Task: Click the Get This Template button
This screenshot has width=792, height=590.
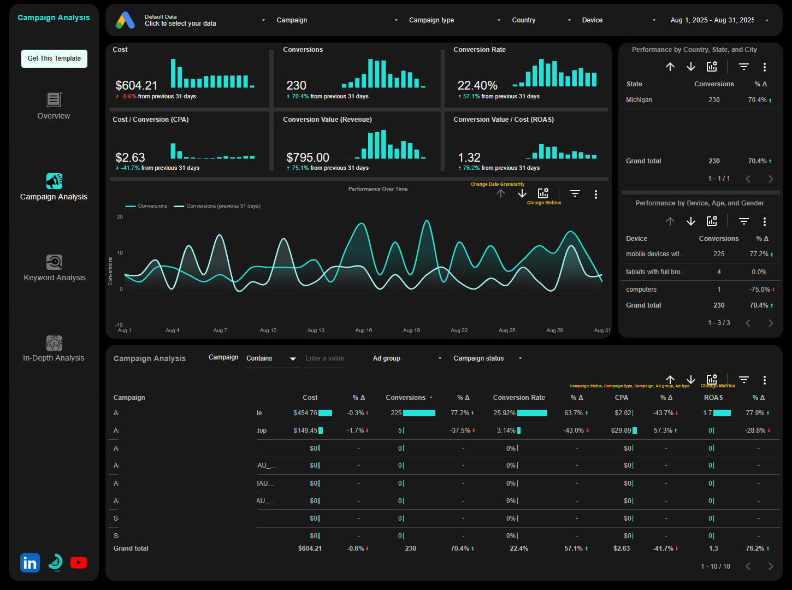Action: click(x=54, y=58)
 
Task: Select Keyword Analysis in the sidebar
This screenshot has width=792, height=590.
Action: click(x=54, y=268)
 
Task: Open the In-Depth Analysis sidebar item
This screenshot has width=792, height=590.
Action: click(x=54, y=349)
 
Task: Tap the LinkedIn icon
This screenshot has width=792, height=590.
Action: click(x=30, y=563)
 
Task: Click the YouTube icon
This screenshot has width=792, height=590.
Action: click(x=79, y=563)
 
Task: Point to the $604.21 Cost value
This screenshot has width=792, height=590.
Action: click(x=137, y=86)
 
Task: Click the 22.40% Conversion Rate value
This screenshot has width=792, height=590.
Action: click(x=477, y=86)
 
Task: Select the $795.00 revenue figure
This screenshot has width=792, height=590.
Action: click(x=308, y=158)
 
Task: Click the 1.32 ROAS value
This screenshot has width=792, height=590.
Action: click(x=469, y=158)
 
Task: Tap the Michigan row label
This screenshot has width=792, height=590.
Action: click(x=639, y=100)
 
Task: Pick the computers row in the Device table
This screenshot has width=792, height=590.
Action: click(x=641, y=290)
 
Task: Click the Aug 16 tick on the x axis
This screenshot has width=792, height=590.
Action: click(x=363, y=331)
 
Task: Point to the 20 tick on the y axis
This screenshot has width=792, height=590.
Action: click(x=120, y=217)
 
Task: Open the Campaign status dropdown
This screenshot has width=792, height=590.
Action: click(x=487, y=358)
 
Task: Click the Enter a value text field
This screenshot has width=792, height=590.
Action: click(x=325, y=358)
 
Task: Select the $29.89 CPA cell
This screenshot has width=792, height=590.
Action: click(x=621, y=430)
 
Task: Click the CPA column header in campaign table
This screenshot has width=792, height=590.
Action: click(x=621, y=398)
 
